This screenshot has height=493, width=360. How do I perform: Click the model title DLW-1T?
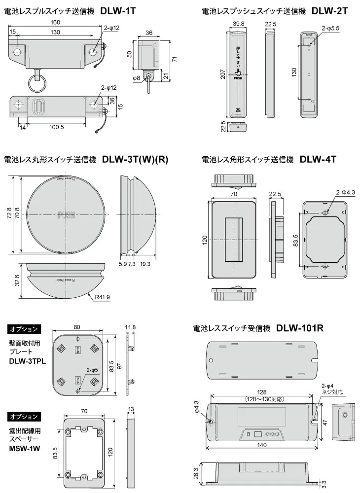coord(118,9)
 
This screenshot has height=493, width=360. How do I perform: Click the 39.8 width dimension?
coord(239,24)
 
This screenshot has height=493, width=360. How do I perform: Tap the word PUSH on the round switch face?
coord(67,215)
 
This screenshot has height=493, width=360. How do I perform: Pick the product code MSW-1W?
coord(24,449)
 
